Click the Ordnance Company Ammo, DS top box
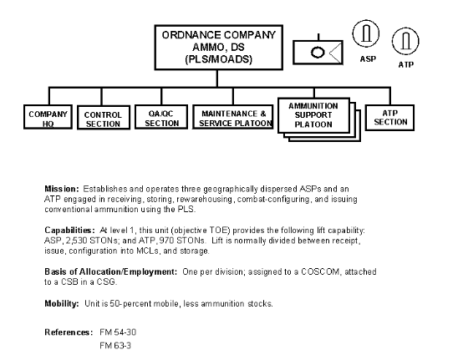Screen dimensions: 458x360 click(x=218, y=48)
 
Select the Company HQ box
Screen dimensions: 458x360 click(x=48, y=117)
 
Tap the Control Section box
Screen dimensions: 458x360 click(x=104, y=118)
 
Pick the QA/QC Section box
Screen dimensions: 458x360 click(x=161, y=117)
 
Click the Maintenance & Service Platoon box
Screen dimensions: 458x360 click(x=233, y=117)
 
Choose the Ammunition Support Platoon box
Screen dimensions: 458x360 click(x=313, y=115)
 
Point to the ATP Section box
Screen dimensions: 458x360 click(x=389, y=118)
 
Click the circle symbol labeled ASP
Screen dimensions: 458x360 click(x=366, y=33)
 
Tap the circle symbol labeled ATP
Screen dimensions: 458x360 click(x=405, y=41)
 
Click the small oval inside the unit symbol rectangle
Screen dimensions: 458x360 click(x=318, y=53)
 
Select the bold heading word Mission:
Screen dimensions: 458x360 click(x=62, y=189)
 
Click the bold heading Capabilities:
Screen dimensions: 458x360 click(x=69, y=231)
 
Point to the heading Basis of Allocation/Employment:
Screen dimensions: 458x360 click(x=110, y=271)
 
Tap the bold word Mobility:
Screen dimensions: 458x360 click(x=62, y=304)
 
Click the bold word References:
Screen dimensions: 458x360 click(x=69, y=332)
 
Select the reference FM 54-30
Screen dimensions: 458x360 click(x=118, y=332)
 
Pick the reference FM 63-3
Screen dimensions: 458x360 click(x=115, y=346)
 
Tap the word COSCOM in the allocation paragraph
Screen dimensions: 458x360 click(x=320, y=271)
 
